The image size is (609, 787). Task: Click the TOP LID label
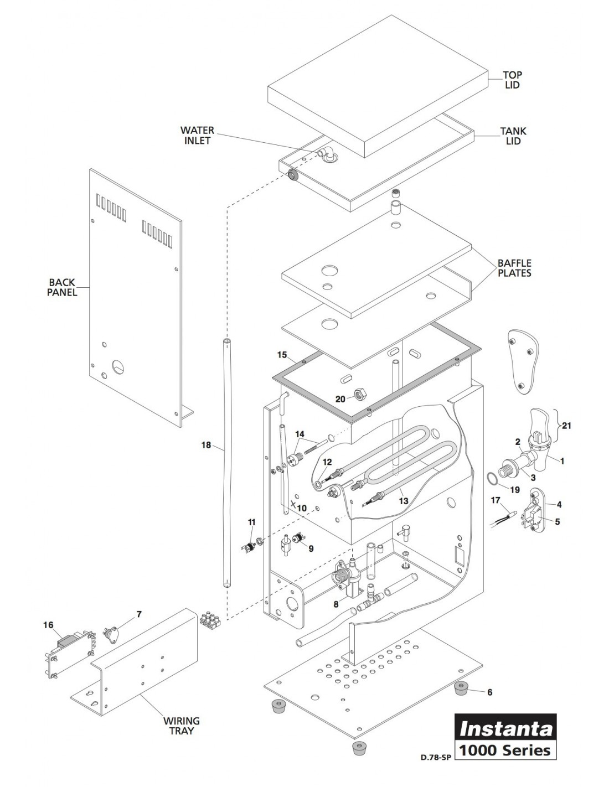coord(512,80)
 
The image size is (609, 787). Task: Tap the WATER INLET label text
coord(197,136)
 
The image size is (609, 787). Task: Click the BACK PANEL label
coord(62,287)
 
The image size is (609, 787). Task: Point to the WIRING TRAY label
coord(181,726)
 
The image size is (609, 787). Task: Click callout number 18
coord(207,444)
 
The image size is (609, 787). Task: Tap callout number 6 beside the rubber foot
coord(489,692)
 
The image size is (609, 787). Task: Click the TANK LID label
coord(513,136)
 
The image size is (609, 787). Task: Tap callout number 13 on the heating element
coord(404,500)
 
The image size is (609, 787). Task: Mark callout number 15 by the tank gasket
coord(282,354)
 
